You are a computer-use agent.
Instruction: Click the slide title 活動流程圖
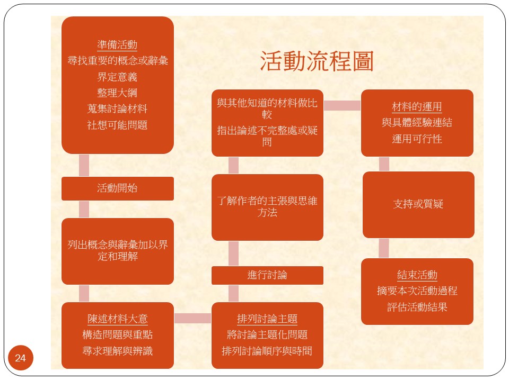click(x=317, y=61)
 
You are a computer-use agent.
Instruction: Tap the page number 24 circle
click(x=21, y=358)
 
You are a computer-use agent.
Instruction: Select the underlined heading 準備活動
click(x=117, y=44)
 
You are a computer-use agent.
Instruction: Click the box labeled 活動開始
click(x=118, y=188)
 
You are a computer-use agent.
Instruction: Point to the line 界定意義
click(x=117, y=77)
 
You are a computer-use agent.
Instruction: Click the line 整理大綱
click(x=117, y=93)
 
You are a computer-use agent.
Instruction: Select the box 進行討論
click(x=267, y=275)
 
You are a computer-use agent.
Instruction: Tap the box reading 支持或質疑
click(x=418, y=205)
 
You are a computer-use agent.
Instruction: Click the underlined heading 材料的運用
click(x=417, y=106)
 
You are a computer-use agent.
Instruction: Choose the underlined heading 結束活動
click(x=417, y=275)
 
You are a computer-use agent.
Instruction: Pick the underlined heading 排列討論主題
click(x=267, y=319)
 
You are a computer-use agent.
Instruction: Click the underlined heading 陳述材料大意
click(x=118, y=319)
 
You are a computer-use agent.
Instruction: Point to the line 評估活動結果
click(x=417, y=307)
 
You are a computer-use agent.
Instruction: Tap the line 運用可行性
click(x=417, y=139)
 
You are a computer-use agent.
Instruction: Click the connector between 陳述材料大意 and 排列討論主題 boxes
click(x=193, y=318)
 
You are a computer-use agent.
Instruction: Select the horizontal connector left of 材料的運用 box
click(x=342, y=105)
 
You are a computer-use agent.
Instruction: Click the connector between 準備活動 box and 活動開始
click(x=84, y=165)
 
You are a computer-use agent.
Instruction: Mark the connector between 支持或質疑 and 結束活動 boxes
click(x=384, y=248)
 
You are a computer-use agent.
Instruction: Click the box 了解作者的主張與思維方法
click(x=267, y=207)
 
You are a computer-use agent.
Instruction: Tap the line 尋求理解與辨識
click(x=118, y=351)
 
